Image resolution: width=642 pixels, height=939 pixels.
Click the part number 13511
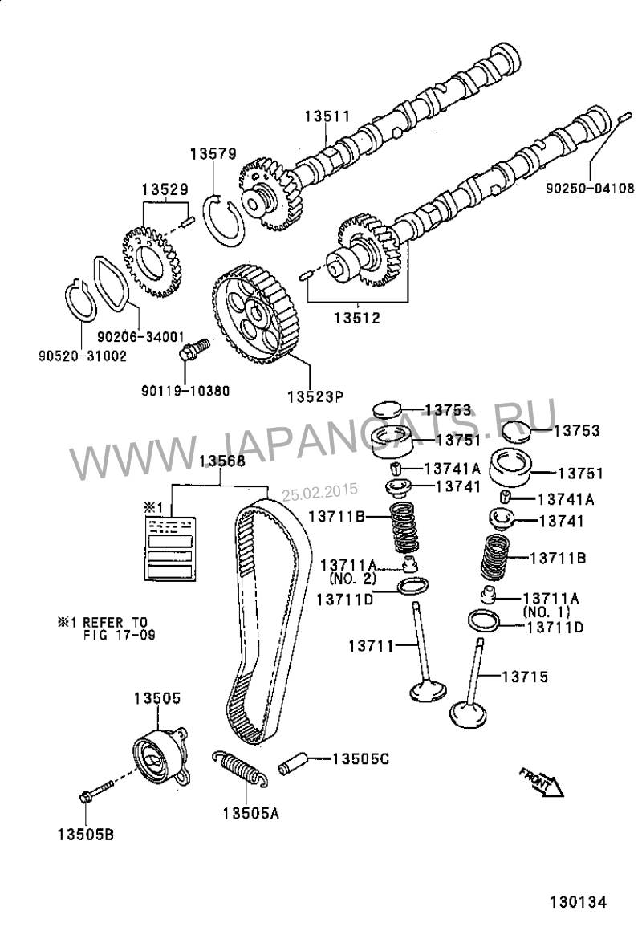[x=327, y=116]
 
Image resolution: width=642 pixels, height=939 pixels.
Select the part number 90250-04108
[x=591, y=189]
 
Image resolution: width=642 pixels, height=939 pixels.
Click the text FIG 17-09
[x=119, y=634]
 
